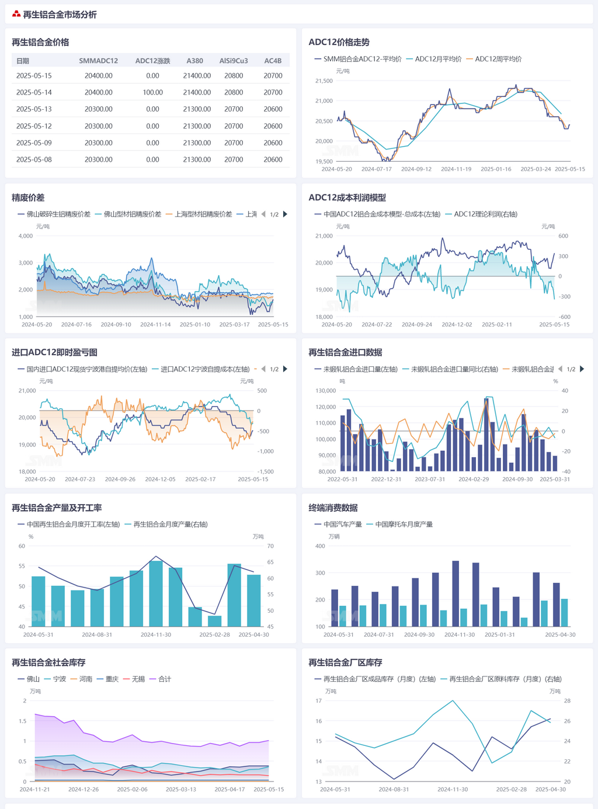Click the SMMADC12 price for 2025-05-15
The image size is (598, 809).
[x=98, y=76]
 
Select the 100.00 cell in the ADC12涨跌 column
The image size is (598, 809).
[x=152, y=92]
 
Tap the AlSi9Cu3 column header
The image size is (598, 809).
[x=234, y=61]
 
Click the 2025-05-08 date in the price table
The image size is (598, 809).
[x=34, y=159]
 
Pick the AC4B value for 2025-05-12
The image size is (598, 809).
[x=273, y=126]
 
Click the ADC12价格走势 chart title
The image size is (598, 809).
[x=339, y=42]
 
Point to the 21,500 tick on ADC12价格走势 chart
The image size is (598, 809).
[x=324, y=81]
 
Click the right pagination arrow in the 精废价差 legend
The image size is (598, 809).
[x=285, y=214]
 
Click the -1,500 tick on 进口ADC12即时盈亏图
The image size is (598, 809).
[x=266, y=471]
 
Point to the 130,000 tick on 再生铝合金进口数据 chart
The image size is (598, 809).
[x=325, y=391]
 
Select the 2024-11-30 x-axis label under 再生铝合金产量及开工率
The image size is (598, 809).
[x=156, y=634]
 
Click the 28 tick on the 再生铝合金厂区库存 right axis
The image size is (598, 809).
[x=567, y=701]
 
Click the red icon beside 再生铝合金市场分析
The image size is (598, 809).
[x=16, y=15]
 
